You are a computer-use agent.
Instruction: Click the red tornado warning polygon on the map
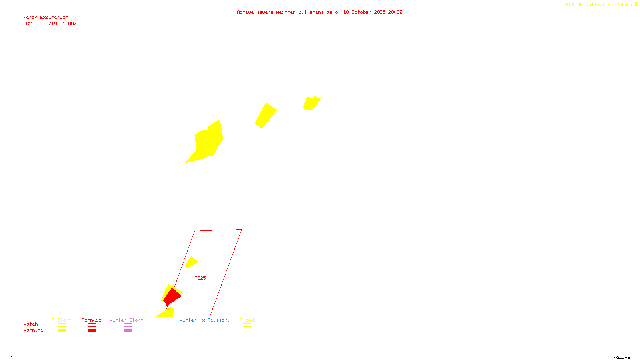172,296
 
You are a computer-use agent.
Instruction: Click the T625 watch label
200,278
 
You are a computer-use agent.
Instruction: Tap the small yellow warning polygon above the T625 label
191,262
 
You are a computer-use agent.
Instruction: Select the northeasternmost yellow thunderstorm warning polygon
311,103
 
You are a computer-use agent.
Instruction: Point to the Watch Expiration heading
46,18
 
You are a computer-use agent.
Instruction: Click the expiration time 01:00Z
68,24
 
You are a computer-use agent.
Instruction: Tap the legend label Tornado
92,320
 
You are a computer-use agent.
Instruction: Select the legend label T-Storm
62,320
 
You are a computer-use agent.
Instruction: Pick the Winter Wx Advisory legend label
205,320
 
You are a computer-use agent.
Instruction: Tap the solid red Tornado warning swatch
92,330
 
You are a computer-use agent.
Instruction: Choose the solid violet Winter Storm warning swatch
128,330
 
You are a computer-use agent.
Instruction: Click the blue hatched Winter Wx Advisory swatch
204,330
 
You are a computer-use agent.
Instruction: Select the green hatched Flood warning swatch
247,330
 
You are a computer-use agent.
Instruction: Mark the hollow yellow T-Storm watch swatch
62,325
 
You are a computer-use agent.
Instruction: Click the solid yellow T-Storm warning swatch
62,330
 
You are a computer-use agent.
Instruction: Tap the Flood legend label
247,320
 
